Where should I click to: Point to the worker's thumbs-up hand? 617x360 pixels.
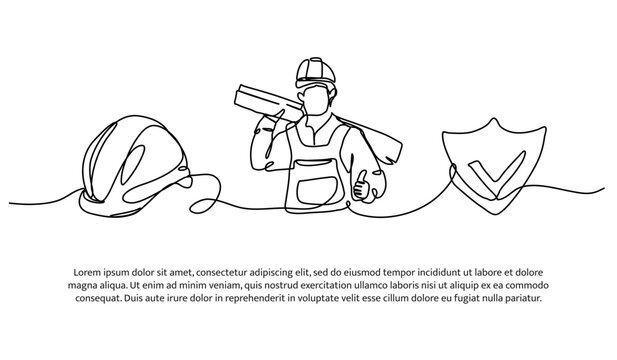click(x=362, y=185)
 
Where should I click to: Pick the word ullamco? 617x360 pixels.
click(x=376, y=285)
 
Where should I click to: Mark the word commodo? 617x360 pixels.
click(x=524, y=285)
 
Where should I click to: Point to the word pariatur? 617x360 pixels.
click(x=522, y=298)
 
